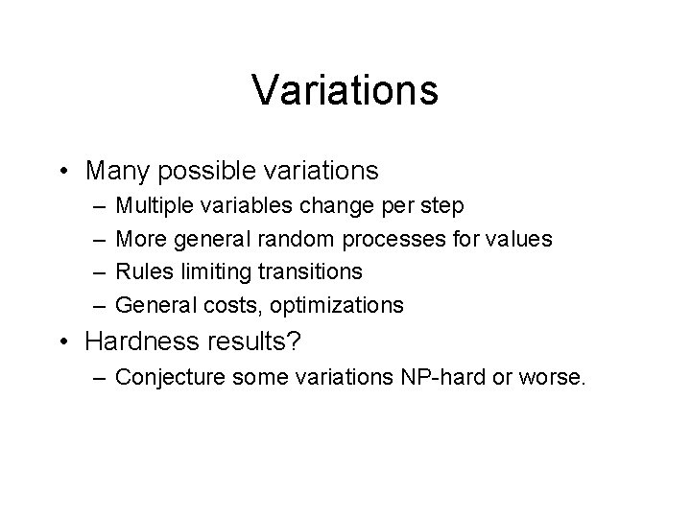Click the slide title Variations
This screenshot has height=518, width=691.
click(345, 90)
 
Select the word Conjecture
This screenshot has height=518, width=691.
click(167, 376)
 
